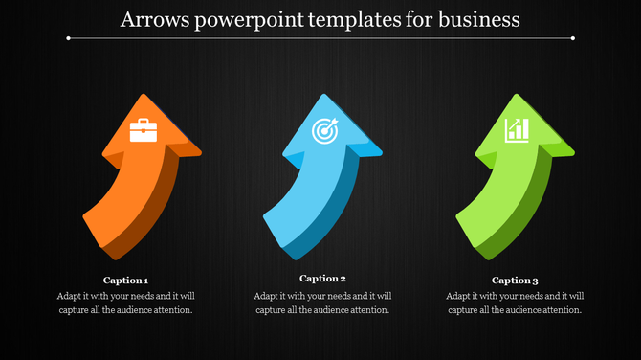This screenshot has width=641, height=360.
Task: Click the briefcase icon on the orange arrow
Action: tap(144, 130)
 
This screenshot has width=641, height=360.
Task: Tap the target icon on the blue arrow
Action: tap(325, 131)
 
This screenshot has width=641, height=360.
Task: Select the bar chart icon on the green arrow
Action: tap(518, 129)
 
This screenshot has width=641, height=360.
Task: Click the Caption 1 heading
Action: tap(125, 281)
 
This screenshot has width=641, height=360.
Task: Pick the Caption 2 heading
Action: tap(323, 279)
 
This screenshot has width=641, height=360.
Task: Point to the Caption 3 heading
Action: tap(515, 281)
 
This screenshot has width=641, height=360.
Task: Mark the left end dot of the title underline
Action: tap(69, 38)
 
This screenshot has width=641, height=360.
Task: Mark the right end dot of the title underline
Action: tap(573, 38)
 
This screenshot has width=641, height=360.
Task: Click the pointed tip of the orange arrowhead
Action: tap(144, 95)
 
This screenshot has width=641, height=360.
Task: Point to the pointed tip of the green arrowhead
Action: tap(518, 95)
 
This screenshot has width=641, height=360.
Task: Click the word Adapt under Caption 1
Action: tap(71, 296)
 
